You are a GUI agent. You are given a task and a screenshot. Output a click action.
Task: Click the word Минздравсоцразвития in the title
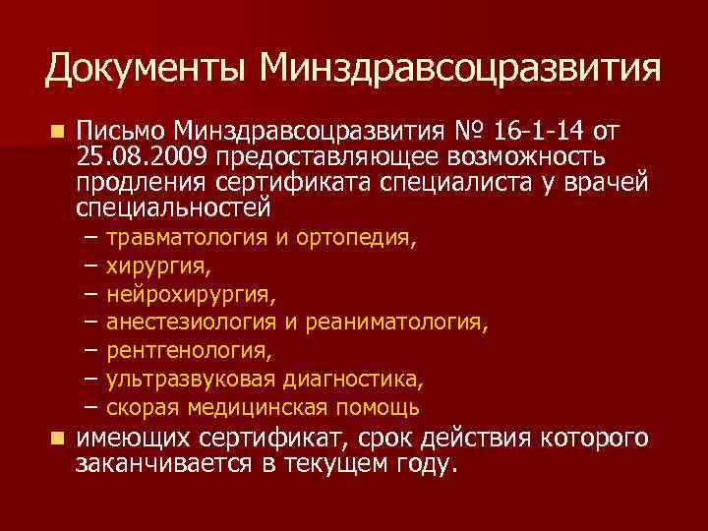[461, 68]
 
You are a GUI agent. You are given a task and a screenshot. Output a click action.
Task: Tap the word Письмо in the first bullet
[120, 132]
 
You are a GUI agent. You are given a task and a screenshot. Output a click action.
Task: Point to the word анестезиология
[193, 323]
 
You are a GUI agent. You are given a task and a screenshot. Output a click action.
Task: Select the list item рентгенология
[190, 350]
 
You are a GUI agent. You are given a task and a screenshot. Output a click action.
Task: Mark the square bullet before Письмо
[59, 132]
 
